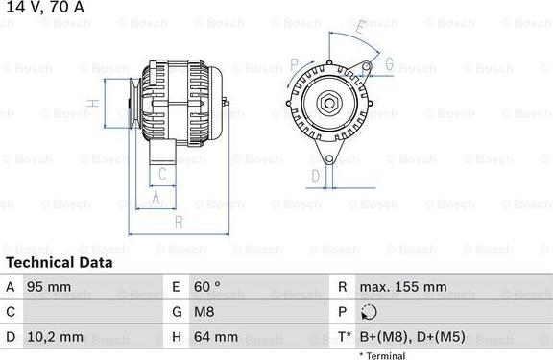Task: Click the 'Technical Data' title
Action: coord(59,262)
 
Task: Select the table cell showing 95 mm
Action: coord(48,287)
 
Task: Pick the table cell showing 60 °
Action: coord(208,287)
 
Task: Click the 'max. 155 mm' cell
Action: coord(403,287)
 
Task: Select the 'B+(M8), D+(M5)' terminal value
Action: coord(411,337)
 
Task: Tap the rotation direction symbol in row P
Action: coord(371,312)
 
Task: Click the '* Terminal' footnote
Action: coord(382,355)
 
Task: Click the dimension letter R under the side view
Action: coord(178,224)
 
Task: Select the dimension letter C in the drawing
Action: coord(162,175)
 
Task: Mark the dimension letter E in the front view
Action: coord(358,30)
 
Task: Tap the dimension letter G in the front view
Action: coord(390,64)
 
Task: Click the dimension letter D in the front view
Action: coord(315,176)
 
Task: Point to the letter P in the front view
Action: coord(293,64)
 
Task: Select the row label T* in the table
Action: coord(343,337)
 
